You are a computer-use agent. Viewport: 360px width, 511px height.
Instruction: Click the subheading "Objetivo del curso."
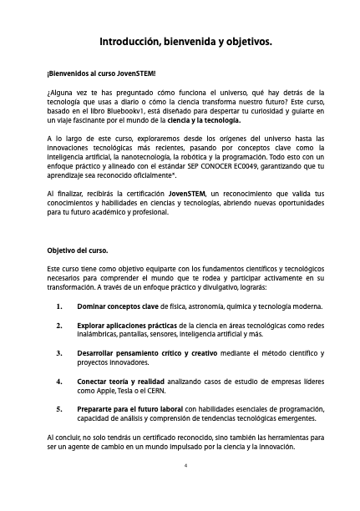click(83, 249)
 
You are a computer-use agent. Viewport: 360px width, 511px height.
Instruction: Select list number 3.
click(60, 353)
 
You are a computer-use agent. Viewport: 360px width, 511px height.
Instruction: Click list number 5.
click(60, 409)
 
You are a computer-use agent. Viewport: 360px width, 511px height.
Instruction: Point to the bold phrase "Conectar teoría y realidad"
click(122, 381)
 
